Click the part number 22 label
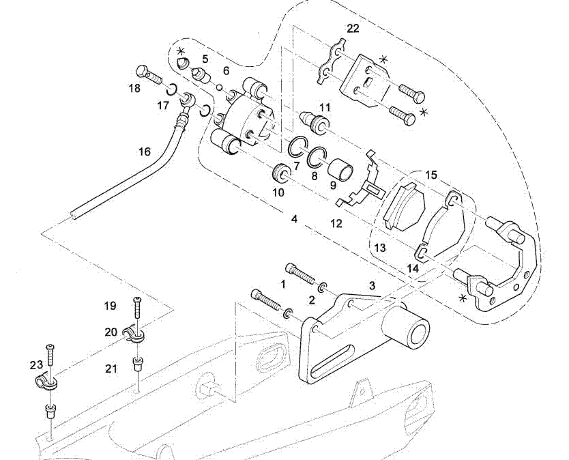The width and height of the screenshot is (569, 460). point(353,29)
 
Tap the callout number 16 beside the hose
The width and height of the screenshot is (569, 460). point(145,152)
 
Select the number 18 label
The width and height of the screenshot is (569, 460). point(134,88)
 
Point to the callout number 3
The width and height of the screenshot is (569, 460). point(373,285)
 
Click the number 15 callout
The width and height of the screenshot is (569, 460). point(431,175)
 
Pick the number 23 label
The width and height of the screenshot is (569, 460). point(36,364)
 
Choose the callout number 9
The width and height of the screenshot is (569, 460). point(333,184)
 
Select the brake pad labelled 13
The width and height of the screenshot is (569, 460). point(404,207)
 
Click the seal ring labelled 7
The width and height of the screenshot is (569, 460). point(297,147)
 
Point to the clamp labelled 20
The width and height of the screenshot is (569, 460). point(136,334)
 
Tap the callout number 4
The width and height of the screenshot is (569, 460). point(294,220)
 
